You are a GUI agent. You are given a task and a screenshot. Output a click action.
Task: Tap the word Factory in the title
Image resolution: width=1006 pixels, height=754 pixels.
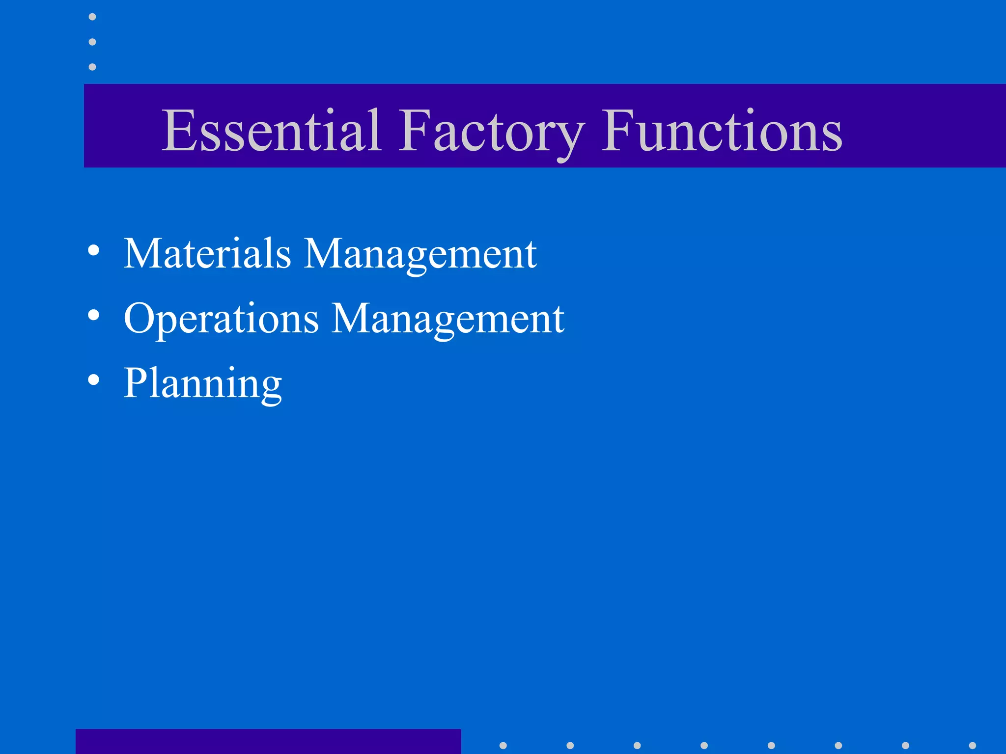click(491, 132)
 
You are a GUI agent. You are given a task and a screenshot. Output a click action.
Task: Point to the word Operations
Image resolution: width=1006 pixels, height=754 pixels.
click(221, 319)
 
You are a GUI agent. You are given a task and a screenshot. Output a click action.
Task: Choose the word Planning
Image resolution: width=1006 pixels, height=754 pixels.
click(202, 384)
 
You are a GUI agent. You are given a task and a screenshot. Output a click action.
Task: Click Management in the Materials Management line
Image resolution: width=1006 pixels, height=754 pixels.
click(420, 254)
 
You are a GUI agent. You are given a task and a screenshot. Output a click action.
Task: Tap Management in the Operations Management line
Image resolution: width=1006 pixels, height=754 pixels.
click(448, 319)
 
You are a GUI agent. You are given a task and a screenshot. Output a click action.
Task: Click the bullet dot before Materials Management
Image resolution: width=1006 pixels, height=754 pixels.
click(93, 250)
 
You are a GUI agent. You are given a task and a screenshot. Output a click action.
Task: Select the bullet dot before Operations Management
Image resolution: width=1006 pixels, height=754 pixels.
click(93, 315)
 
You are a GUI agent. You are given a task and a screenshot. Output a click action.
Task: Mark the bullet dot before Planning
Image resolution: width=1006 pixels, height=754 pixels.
click(93, 379)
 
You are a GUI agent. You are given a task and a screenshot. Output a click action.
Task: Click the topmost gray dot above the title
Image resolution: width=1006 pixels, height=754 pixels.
click(92, 17)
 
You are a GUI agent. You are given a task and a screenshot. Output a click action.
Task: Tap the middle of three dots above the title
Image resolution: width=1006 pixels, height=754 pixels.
click(92, 42)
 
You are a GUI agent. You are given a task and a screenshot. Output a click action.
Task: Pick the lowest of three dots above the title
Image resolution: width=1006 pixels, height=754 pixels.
click(92, 67)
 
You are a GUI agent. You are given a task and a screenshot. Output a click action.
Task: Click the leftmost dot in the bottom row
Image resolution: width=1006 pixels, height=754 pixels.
click(503, 745)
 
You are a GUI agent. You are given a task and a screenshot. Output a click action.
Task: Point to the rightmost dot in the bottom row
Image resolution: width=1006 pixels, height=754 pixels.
click(972, 745)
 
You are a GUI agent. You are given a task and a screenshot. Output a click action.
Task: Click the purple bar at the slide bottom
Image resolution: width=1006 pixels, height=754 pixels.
click(268, 741)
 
